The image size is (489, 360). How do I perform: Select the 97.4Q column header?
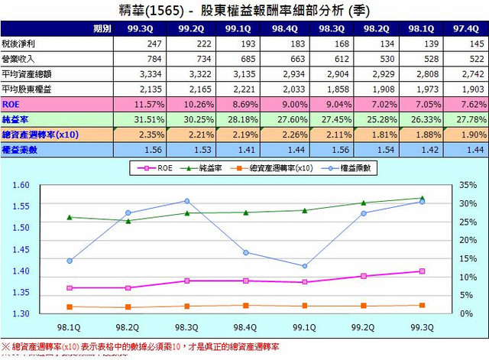[467, 28]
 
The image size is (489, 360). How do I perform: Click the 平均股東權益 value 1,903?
[468, 89]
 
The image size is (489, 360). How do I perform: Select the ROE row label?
[12, 103]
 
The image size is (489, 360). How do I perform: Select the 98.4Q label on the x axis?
[245, 326]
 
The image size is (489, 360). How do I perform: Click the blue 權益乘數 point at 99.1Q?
[304, 266]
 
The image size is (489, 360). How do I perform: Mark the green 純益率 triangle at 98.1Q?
[69, 217]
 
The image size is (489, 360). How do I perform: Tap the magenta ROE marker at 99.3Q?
[422, 271]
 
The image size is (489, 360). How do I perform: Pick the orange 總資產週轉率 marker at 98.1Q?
[69, 306]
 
